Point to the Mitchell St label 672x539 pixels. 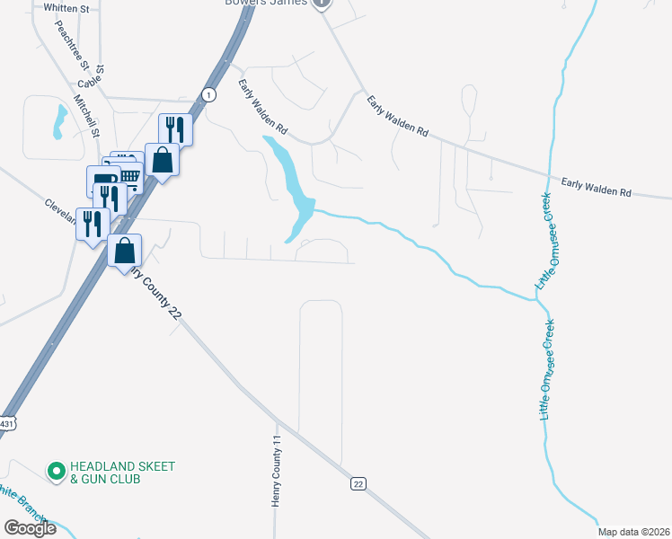click(x=86, y=116)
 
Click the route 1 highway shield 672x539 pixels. click(x=208, y=93)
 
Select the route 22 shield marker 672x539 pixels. click(x=358, y=484)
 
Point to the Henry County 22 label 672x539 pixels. click(x=160, y=292)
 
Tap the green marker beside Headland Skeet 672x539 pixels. click(x=56, y=470)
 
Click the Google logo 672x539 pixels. click(x=30, y=528)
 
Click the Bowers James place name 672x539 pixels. click(x=265, y=3)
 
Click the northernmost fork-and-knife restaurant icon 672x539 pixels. click(x=174, y=128)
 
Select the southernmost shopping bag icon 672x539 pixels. click(x=124, y=249)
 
